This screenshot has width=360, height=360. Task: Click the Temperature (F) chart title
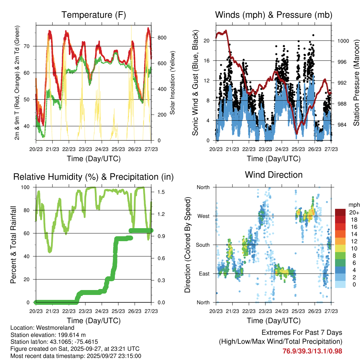(93, 15)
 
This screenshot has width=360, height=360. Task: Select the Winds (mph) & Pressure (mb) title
(274, 15)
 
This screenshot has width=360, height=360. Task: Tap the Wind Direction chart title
(274, 175)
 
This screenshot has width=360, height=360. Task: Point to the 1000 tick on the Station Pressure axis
(343, 41)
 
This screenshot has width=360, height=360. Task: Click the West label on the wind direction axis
(203, 216)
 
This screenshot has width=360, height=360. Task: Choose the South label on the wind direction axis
(202, 245)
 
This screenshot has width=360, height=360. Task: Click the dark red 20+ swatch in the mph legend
(341, 212)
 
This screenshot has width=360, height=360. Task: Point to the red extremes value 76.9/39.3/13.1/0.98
(312, 351)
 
